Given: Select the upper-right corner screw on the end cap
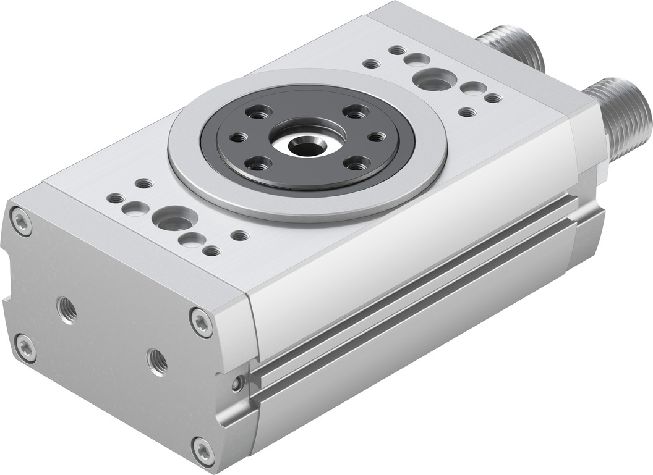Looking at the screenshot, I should [x=201, y=322].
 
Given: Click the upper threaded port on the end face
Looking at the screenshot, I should [x=67, y=309].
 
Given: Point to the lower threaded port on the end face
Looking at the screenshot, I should [x=156, y=361].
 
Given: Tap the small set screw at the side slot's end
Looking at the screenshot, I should [x=238, y=384].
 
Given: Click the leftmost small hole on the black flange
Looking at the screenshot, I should [x=237, y=137].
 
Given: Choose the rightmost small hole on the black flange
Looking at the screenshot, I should [x=376, y=137].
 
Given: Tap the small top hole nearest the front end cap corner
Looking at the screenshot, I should [x=116, y=198].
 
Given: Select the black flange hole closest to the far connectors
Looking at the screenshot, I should [x=356, y=112].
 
